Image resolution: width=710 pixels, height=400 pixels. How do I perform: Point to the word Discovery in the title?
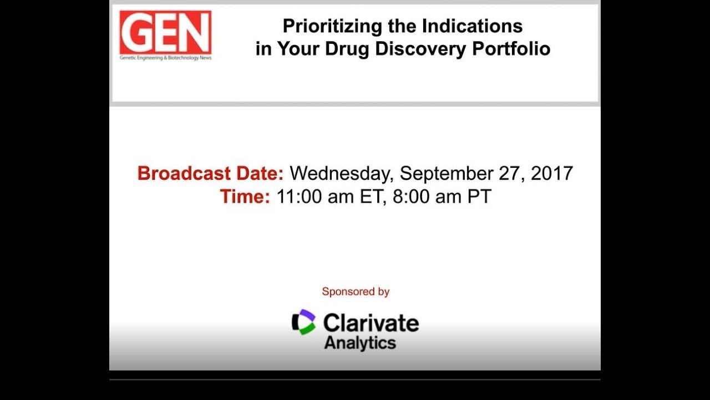(x=421, y=49)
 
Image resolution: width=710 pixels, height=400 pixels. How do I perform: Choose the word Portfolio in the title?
(x=511, y=49)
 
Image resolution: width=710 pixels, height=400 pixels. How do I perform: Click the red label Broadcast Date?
(x=210, y=173)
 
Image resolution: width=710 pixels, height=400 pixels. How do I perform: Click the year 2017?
(x=552, y=173)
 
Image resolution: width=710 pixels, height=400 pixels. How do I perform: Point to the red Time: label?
(x=245, y=197)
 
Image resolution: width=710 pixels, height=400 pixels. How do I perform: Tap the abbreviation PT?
(x=479, y=197)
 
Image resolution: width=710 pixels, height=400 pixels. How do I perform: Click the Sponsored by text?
(x=356, y=292)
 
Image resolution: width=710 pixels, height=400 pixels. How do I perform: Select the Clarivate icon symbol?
(x=304, y=322)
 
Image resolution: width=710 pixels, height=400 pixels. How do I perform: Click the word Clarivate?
(x=371, y=323)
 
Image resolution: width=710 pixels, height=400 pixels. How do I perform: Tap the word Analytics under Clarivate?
(x=360, y=343)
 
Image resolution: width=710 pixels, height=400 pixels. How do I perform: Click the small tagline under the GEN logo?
(x=165, y=58)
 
